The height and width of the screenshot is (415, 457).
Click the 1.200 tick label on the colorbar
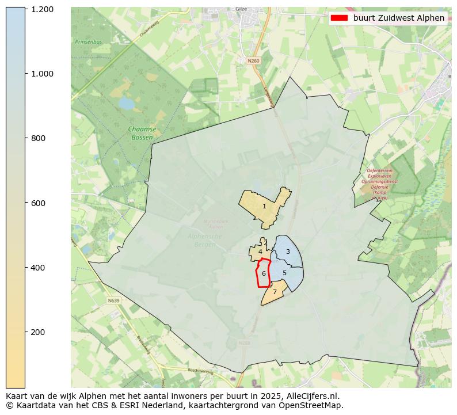click(43, 9)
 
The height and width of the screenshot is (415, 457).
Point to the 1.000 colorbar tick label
click(43, 74)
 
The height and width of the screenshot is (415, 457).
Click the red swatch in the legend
click(340, 18)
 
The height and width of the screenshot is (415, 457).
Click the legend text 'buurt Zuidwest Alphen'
click(398, 18)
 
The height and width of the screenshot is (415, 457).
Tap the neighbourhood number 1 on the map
click(264, 206)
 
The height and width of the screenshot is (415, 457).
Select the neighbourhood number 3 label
click(288, 252)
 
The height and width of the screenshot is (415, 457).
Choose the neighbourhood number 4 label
click(260, 252)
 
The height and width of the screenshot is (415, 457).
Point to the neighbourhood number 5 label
click(284, 273)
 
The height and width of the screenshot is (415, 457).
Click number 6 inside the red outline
click(264, 274)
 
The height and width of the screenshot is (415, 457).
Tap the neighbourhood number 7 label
click(275, 292)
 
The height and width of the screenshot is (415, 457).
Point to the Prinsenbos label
click(88, 42)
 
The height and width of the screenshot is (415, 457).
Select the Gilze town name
click(241, 9)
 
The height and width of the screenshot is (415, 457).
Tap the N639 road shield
click(114, 300)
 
